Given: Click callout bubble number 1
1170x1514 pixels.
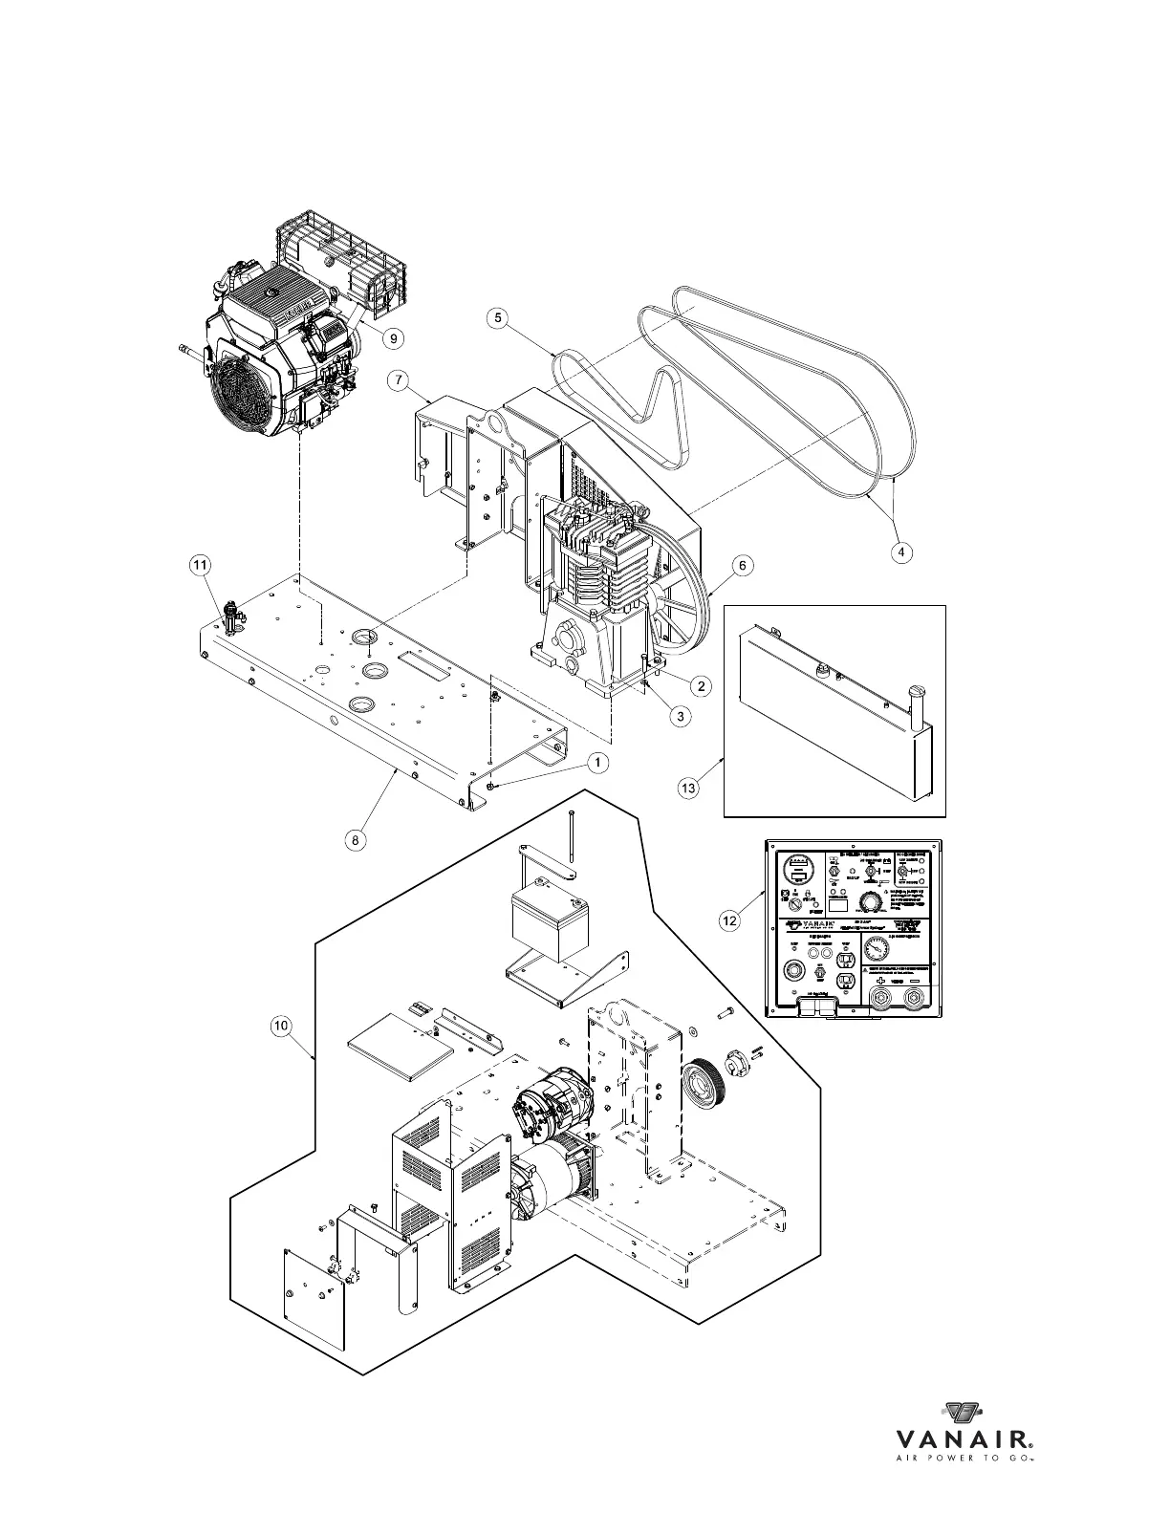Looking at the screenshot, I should click(x=596, y=762).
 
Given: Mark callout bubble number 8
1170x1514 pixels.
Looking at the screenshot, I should click(x=355, y=840).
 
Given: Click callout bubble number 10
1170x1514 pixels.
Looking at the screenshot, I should click(x=280, y=1026).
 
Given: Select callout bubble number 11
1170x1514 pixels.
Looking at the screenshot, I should click(x=200, y=567).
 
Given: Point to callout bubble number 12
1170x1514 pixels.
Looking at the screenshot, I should click(x=729, y=920).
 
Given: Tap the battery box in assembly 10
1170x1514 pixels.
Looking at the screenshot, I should click(x=550, y=922).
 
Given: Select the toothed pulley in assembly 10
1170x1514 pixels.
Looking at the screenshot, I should click(x=704, y=1081).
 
